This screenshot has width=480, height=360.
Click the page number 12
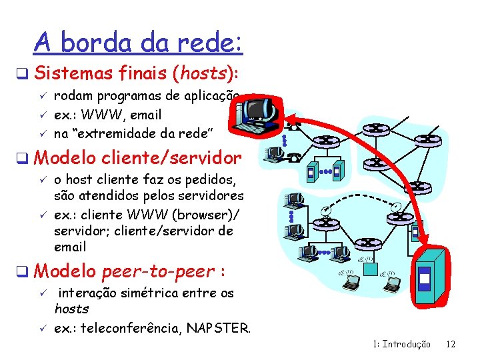pos(451,344)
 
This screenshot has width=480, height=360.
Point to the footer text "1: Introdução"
pos(402,344)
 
